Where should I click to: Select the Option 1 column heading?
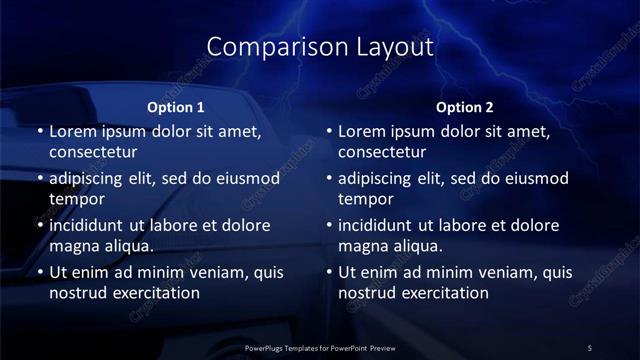pyautogui.click(x=176, y=107)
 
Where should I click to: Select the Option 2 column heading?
pyautogui.click(x=465, y=107)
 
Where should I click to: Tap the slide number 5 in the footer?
pyautogui.click(x=590, y=348)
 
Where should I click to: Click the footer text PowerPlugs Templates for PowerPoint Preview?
pyautogui.click(x=320, y=348)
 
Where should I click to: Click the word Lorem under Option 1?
pyautogui.click(x=72, y=131)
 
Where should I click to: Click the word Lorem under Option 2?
pyautogui.click(x=362, y=131)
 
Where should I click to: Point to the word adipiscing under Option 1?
pyautogui.click(x=92, y=179)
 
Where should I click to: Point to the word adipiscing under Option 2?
pyautogui.click(x=382, y=179)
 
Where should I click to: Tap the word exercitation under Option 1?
pyautogui.click(x=149, y=293)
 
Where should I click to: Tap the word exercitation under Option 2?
pyautogui.click(x=439, y=293)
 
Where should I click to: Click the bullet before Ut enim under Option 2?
pyautogui.click(x=329, y=272)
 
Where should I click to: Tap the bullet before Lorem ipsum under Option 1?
pyautogui.click(x=39, y=131)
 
